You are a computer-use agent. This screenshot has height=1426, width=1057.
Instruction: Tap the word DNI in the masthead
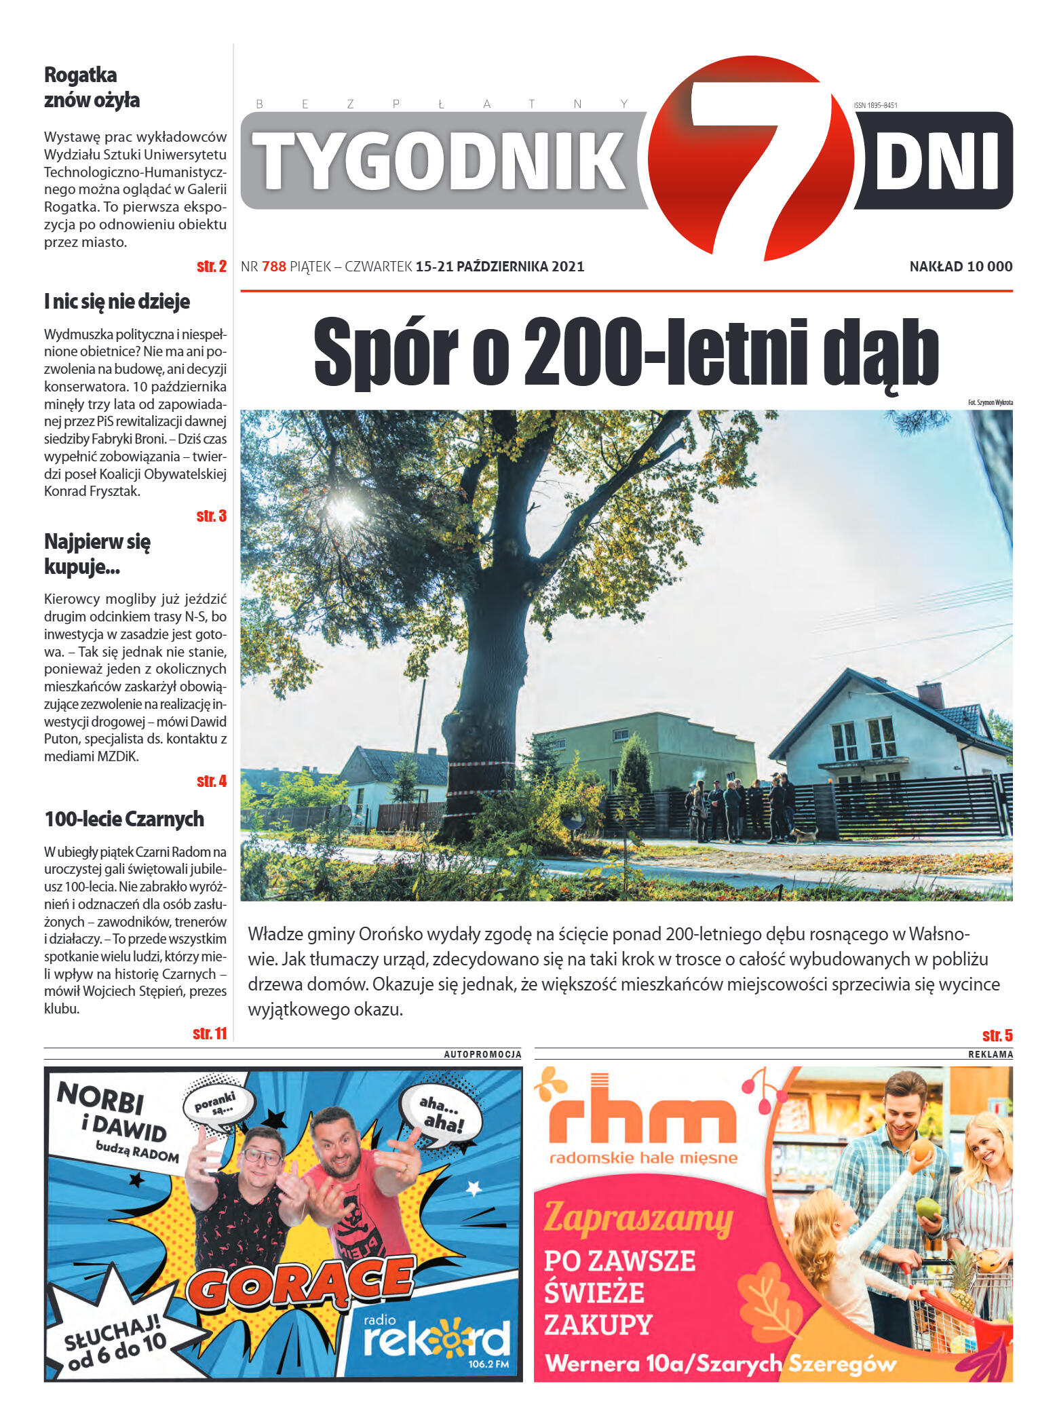[x=937, y=161]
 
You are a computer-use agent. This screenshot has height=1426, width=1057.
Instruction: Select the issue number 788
[x=273, y=267]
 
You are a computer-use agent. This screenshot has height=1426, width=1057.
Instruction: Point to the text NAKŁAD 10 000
[x=960, y=267]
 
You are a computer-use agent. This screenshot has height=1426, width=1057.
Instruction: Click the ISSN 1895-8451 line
[x=875, y=105]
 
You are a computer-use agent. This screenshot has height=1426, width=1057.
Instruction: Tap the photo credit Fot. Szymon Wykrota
[x=990, y=402]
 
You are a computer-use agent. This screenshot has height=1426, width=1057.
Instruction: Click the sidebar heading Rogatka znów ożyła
[x=91, y=87]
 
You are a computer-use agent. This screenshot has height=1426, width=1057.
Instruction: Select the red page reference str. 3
[x=211, y=516]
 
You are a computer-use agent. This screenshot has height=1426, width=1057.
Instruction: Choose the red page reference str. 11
[x=210, y=1033]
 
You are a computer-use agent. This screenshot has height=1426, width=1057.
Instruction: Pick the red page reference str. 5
[x=997, y=1035]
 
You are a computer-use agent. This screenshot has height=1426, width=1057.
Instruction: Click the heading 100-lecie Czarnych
[x=124, y=819]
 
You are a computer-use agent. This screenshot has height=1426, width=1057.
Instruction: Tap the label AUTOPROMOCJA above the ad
[x=482, y=1054]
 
